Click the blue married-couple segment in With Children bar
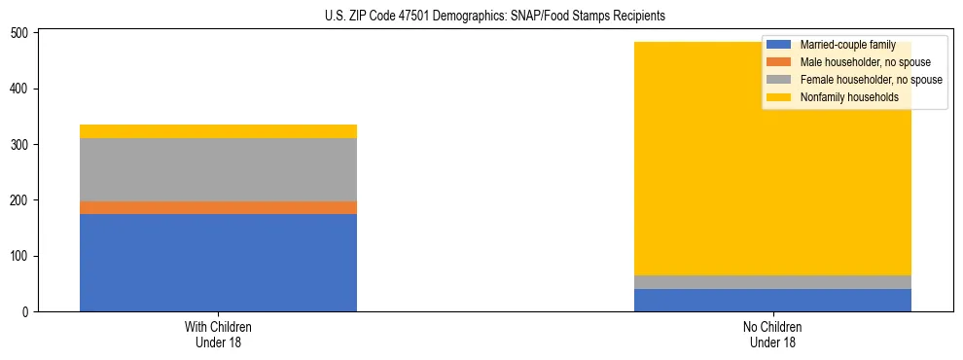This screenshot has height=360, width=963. pyautogui.click(x=218, y=263)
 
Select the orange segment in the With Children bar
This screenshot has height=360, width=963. pyautogui.click(x=218, y=207)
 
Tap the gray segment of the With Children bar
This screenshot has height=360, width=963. pyautogui.click(x=218, y=169)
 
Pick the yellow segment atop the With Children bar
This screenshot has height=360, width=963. pyautogui.click(x=218, y=131)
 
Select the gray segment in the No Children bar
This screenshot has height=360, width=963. pyautogui.click(x=772, y=282)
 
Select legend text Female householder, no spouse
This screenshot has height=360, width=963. pyautogui.click(x=871, y=80)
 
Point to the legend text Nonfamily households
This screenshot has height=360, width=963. pyautogui.click(x=849, y=97)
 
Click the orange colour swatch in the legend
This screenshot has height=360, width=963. pyautogui.click(x=779, y=62)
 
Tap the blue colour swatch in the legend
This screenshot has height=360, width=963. pyautogui.click(x=779, y=45)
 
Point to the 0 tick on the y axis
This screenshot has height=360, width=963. pyautogui.click(x=28, y=312)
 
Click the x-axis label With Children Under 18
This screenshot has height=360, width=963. pyautogui.click(x=218, y=335)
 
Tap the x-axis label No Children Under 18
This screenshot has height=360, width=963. pyautogui.click(x=772, y=335)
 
